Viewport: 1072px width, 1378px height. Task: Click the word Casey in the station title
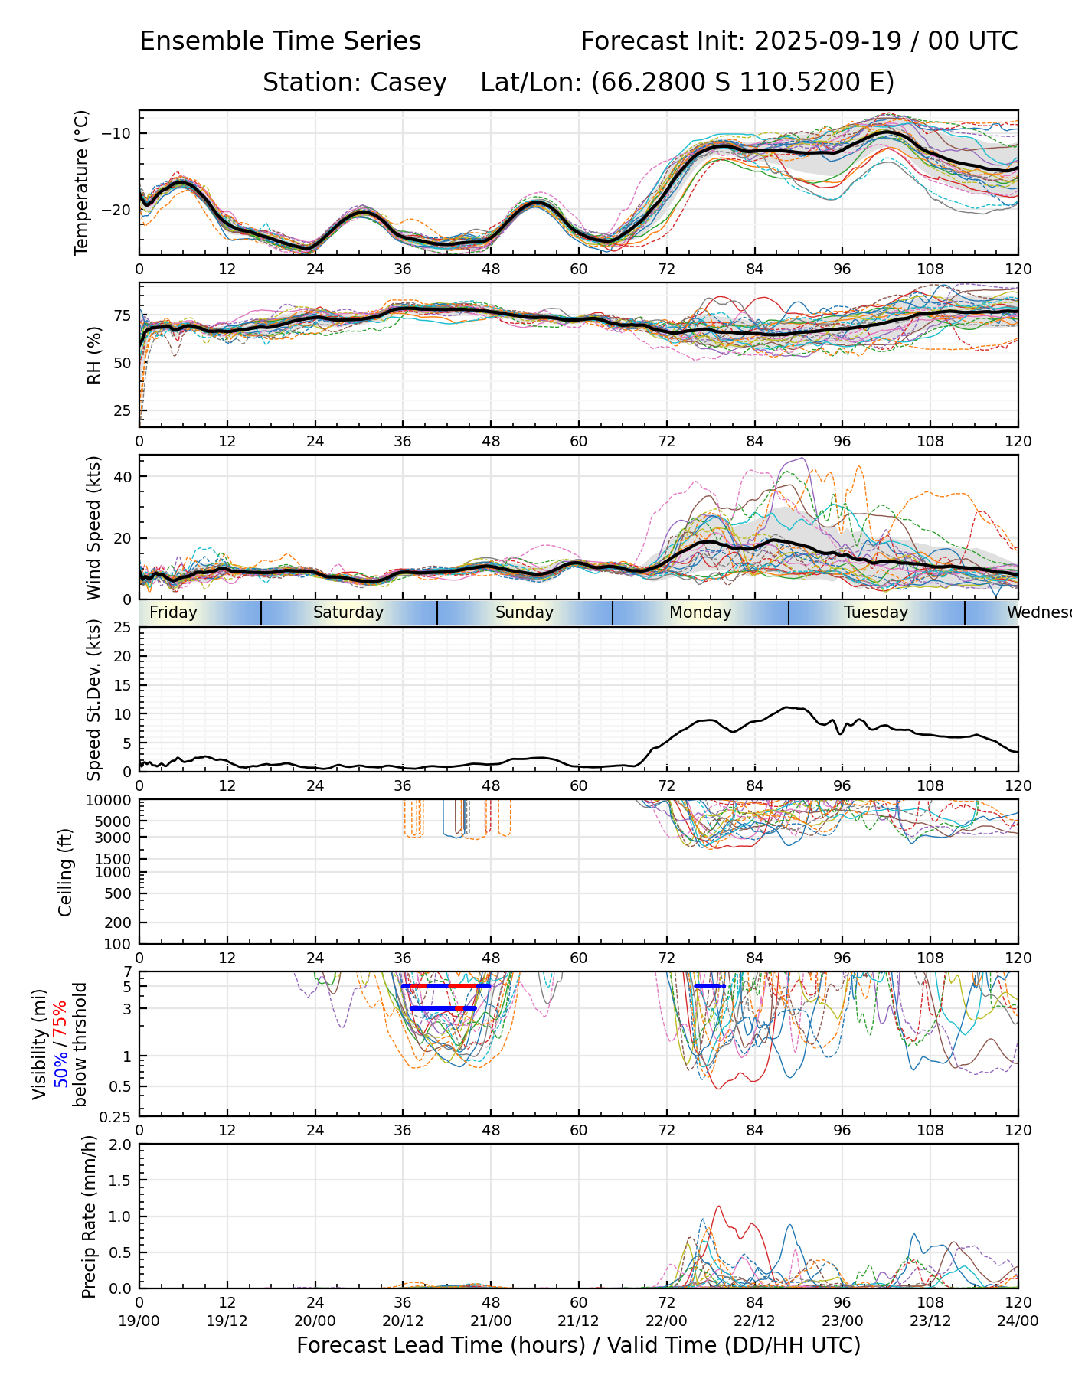[408, 83]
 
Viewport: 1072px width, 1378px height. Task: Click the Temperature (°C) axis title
[82, 182]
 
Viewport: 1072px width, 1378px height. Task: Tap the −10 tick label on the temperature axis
[116, 133]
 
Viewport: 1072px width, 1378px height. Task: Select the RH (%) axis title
[94, 355]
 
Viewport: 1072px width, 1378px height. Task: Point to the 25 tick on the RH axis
[123, 411]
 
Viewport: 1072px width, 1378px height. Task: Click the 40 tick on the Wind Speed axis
[123, 476]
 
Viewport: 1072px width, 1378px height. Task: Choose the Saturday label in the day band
[348, 612]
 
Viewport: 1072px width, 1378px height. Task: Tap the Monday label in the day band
[700, 612]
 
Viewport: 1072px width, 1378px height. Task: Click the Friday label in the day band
[173, 612]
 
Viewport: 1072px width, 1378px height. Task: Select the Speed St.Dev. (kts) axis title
[94, 699]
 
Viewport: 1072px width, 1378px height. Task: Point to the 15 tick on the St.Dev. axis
[123, 685]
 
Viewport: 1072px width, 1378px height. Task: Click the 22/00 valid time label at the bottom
[666, 1321]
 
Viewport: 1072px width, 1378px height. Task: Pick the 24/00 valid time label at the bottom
[1018, 1321]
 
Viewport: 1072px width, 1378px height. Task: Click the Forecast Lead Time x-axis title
[578, 1345]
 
